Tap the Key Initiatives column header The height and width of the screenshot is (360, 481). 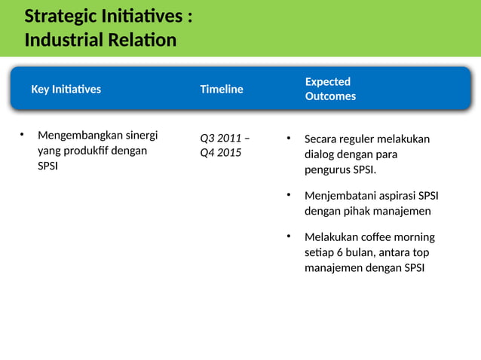pyautogui.click(x=66, y=90)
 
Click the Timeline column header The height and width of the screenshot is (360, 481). pyautogui.click(x=221, y=90)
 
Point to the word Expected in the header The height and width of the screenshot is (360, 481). pyautogui.click(x=327, y=81)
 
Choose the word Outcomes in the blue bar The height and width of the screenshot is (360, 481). pyautogui.click(x=330, y=96)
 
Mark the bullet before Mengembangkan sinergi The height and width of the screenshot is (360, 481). pyautogui.click(x=22, y=136)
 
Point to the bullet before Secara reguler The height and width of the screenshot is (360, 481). pyautogui.click(x=288, y=139)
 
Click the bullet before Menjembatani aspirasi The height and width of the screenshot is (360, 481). pyautogui.click(x=288, y=196)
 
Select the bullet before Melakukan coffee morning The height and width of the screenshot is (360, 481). pyautogui.click(x=288, y=237)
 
